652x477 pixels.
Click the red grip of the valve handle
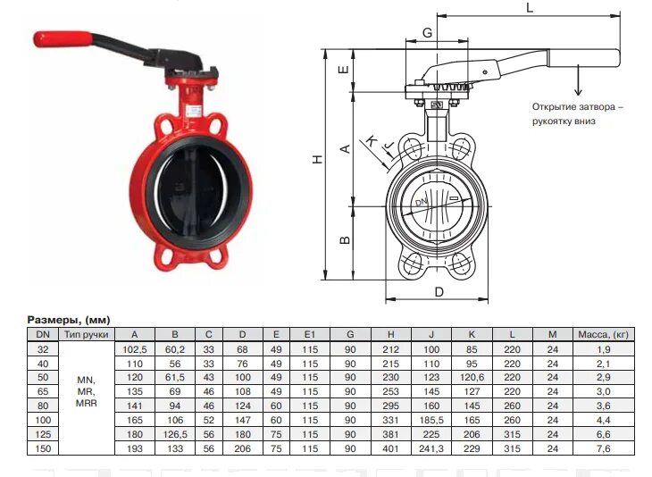(x=63, y=39)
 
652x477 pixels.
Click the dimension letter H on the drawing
(x=318, y=159)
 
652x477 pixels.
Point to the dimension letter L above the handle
(x=530, y=7)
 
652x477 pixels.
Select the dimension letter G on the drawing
(x=427, y=32)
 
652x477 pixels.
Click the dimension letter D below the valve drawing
(x=439, y=292)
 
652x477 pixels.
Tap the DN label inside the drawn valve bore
(x=422, y=203)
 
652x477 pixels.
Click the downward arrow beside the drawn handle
(x=578, y=79)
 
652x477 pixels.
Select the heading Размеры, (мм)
(x=69, y=320)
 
